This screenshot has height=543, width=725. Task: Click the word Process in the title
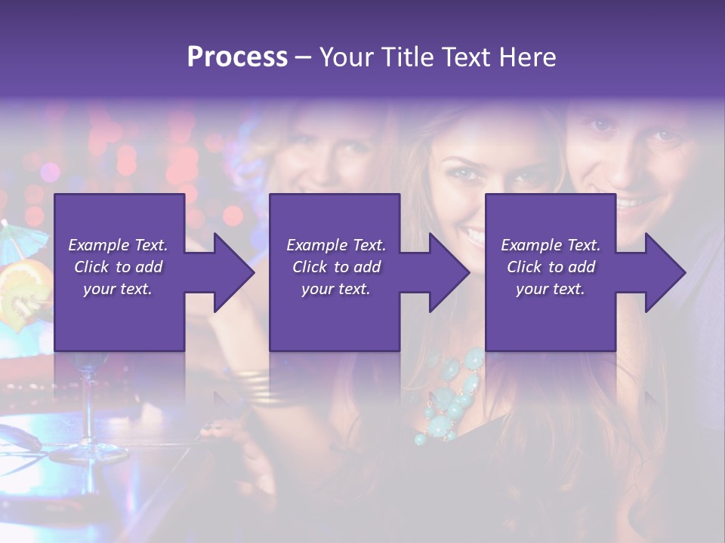(237, 57)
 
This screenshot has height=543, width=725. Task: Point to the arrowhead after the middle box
(449, 272)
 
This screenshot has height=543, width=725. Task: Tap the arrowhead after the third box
(664, 272)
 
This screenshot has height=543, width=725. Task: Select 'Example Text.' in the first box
(118, 245)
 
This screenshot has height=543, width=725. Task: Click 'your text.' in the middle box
(335, 289)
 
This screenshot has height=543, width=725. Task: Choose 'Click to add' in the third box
(551, 267)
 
